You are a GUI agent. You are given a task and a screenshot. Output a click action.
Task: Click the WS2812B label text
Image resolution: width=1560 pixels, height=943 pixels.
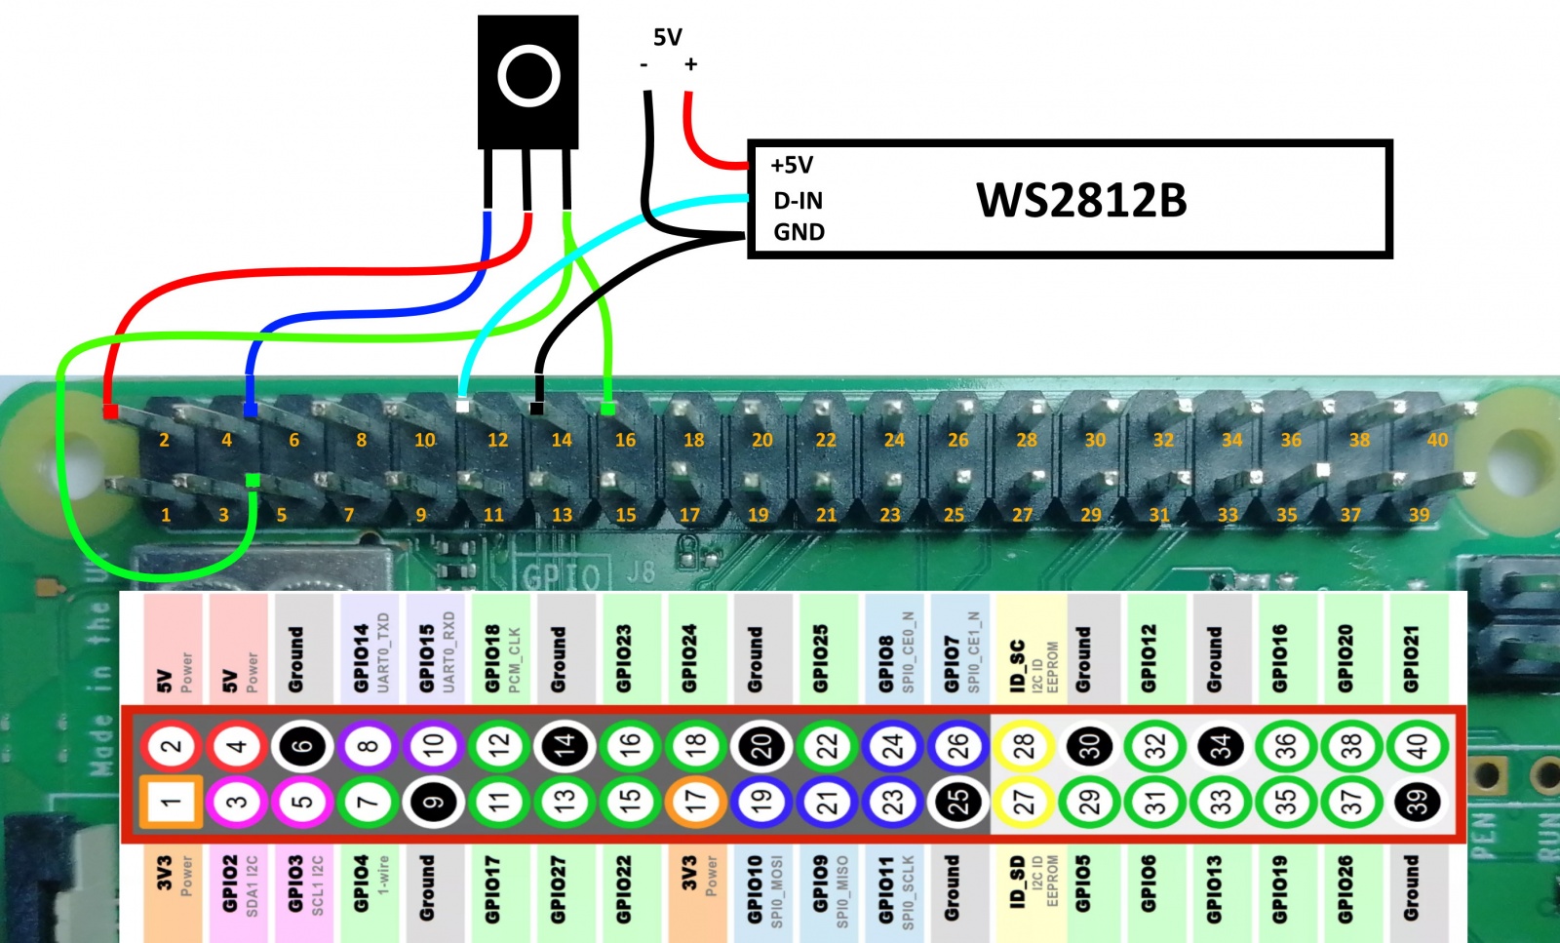pyautogui.click(x=1081, y=200)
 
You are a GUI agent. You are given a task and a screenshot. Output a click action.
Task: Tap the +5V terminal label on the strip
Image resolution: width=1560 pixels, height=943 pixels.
pyautogui.click(x=792, y=165)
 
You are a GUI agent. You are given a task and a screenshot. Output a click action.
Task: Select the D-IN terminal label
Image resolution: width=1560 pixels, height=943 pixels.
pyautogui.click(x=798, y=201)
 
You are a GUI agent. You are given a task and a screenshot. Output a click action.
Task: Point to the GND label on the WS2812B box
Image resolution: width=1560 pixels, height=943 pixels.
pyautogui.click(x=799, y=232)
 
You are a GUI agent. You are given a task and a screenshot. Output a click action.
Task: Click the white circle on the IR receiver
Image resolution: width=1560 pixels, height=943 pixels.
pyautogui.click(x=528, y=76)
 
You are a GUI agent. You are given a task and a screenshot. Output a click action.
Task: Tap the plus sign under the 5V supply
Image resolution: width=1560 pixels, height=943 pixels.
pyautogui.click(x=690, y=64)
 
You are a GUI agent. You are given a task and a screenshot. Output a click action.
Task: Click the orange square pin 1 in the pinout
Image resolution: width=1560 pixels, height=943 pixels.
pyautogui.click(x=171, y=802)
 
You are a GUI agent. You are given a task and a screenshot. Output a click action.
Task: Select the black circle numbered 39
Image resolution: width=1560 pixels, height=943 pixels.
pyautogui.click(x=1417, y=802)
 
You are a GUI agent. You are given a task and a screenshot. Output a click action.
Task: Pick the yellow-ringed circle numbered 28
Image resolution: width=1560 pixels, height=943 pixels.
pyautogui.click(x=1023, y=746)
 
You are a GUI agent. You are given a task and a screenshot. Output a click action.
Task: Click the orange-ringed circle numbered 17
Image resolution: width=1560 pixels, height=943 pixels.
pyautogui.click(x=695, y=802)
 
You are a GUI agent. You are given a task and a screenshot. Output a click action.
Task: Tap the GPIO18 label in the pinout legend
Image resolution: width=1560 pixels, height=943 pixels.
pyautogui.click(x=492, y=658)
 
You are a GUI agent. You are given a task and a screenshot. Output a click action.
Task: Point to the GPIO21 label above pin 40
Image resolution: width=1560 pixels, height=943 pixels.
pyautogui.click(x=1411, y=658)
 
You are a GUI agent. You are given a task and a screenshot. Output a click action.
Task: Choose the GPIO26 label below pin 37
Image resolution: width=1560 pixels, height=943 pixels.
pyautogui.click(x=1345, y=888)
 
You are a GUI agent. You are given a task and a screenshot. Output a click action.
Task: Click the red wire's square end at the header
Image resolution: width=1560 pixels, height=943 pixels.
pyautogui.click(x=111, y=412)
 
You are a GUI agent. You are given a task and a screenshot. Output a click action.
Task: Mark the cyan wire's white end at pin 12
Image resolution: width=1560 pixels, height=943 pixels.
pyautogui.click(x=462, y=406)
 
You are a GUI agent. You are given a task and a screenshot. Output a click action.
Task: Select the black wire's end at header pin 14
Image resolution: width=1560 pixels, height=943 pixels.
pyautogui.click(x=536, y=408)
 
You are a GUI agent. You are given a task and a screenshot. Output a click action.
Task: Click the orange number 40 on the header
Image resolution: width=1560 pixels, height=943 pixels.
pyautogui.click(x=1437, y=440)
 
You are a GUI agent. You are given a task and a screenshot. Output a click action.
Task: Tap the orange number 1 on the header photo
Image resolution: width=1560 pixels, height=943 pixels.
pyautogui.click(x=166, y=514)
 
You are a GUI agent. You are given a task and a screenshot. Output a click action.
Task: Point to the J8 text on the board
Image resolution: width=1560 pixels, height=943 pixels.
pyautogui.click(x=641, y=570)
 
